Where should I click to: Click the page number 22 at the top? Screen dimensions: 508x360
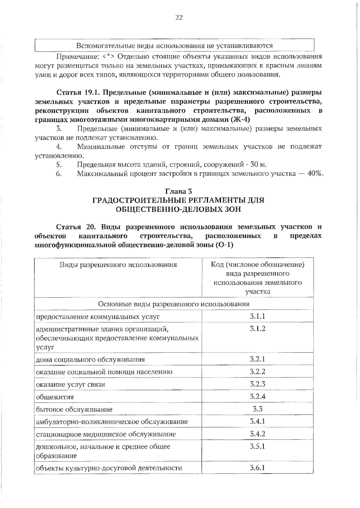pos(178,17)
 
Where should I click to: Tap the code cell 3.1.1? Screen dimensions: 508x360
pos(257,316)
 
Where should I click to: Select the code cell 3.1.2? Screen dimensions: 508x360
pos(257,328)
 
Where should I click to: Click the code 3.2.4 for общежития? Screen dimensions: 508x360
pos(257,396)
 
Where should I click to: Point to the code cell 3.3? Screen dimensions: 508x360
pos(257,409)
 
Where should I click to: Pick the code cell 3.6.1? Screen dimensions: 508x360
pos(257,467)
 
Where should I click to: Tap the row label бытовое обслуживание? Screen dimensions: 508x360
pos(74,410)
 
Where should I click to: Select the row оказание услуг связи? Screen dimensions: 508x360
pos(70,385)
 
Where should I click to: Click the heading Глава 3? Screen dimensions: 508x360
pos(178,191)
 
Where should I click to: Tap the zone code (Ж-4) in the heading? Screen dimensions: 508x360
pos(240,119)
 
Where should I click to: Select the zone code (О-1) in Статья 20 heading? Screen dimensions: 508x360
pos(224,245)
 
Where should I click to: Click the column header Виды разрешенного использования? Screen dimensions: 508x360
pos(118,265)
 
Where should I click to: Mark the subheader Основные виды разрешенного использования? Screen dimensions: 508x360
pos(174,304)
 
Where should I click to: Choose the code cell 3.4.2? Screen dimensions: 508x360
pos(257,434)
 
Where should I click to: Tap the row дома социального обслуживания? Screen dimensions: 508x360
pos(90,360)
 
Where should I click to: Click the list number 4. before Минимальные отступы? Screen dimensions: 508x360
pos(59,147)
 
